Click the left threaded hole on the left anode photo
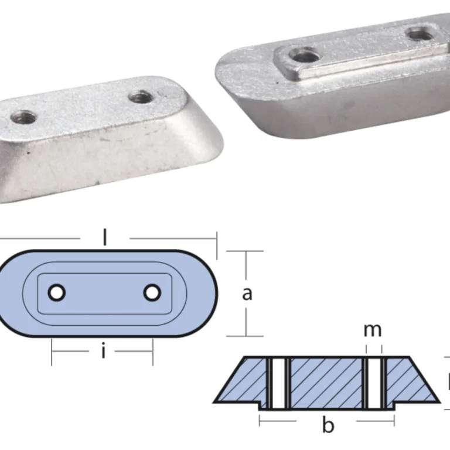coord(23,117)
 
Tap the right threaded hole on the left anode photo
coord(141,96)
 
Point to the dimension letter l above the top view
coord(105,237)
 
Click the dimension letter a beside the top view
coord(247,293)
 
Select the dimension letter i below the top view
coord(103,352)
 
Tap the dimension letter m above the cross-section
coord(373,330)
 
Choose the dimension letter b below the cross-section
coord(328,425)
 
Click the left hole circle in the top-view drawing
coord(57,292)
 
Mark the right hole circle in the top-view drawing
coord(151,292)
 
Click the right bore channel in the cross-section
coord(373,383)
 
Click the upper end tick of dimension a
coord(245,251)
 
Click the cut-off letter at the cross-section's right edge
coord(448,384)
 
